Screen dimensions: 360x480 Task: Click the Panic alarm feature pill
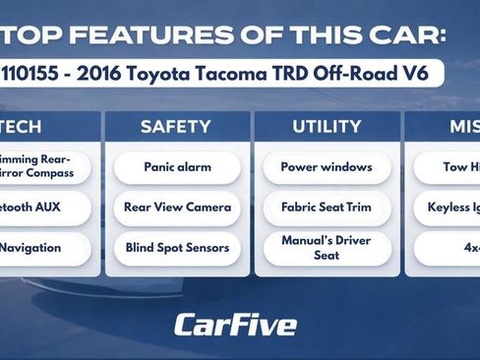[x=177, y=167]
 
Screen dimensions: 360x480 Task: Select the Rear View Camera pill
[x=177, y=208]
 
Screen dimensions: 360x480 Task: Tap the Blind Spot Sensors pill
[x=177, y=248]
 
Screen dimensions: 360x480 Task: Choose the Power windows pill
[x=327, y=167]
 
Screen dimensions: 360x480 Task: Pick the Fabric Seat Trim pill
[x=327, y=208]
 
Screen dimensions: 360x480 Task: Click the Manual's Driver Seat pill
[x=327, y=248]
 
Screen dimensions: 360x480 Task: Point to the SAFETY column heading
[x=176, y=127]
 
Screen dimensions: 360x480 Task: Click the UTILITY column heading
[x=327, y=127]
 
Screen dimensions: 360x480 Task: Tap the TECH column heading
[x=22, y=127]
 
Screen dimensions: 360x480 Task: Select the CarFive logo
[x=235, y=324]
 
